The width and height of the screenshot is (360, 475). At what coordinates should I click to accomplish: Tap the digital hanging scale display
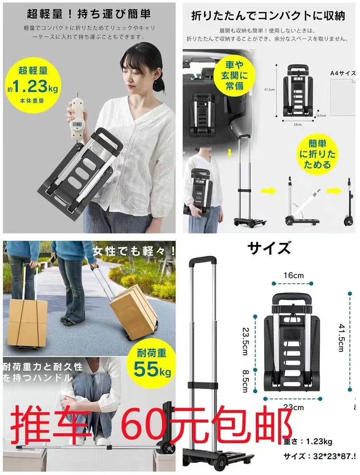coord(76,124)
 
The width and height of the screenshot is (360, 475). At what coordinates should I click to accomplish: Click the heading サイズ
coord(269,248)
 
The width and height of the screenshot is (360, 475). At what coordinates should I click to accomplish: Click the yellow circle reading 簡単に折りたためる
coord(317,154)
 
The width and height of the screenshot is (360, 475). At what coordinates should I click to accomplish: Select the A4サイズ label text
coord(343,73)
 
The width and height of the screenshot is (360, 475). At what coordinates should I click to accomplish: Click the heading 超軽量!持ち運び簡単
coord(89,14)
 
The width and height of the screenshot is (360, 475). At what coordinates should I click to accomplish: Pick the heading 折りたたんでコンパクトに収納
coord(268,16)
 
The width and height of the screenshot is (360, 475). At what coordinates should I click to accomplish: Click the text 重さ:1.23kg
coord(308,442)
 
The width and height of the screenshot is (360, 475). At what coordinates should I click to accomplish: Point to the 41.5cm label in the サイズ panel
coord(341,337)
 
